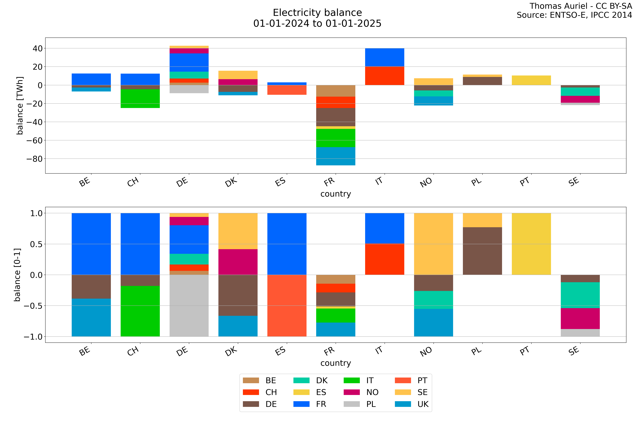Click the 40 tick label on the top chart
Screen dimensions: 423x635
point(38,49)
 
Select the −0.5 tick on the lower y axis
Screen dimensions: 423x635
point(33,306)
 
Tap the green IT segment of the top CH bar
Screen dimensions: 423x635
point(140,98)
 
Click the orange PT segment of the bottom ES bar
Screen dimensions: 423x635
point(287,306)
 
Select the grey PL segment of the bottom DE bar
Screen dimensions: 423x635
point(189,306)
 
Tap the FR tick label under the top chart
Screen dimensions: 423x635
point(329,182)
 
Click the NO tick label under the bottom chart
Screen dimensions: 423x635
point(426,351)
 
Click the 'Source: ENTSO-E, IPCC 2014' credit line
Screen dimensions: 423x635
point(574,15)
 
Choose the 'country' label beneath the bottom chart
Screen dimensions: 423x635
point(336,363)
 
